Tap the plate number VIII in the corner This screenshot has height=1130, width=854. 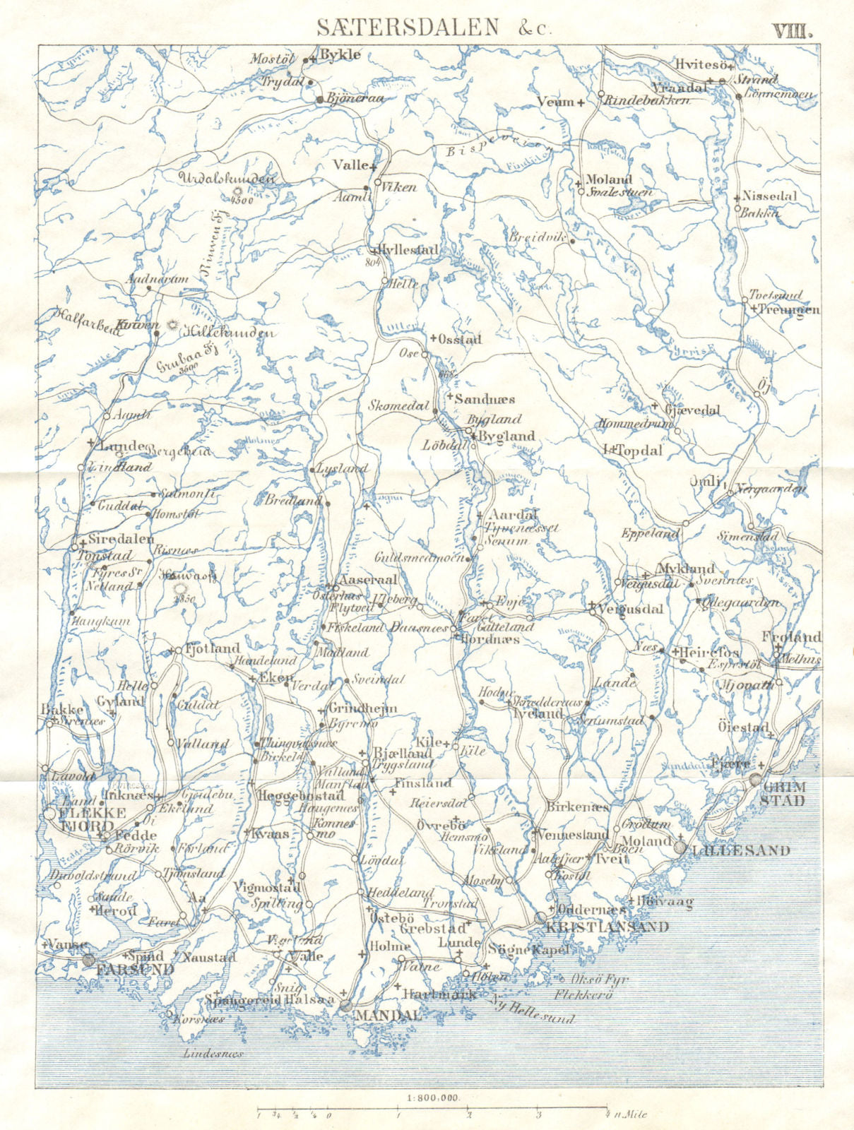pyautogui.click(x=793, y=30)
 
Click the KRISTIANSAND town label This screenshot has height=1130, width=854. pyautogui.click(x=608, y=927)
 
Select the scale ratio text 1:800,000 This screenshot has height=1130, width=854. pyautogui.click(x=433, y=1117)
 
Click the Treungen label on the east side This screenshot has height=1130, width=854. pyautogui.click(x=789, y=309)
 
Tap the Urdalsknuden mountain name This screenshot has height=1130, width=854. pyautogui.click(x=226, y=179)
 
